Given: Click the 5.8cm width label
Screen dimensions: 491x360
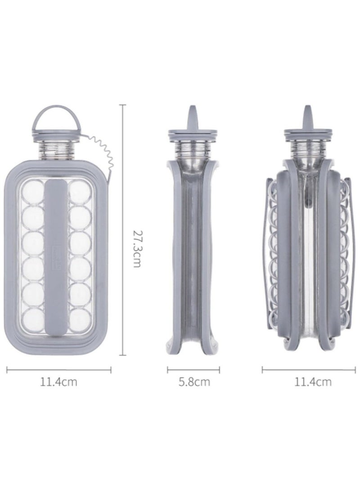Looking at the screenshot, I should (x=194, y=383).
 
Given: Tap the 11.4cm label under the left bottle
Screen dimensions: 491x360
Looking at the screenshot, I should (x=58, y=383).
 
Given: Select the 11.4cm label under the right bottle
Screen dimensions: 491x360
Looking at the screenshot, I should (x=313, y=383).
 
